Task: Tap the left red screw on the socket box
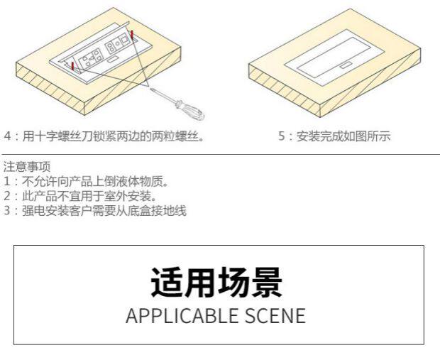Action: pos(72,65)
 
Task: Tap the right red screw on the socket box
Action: pos(132,33)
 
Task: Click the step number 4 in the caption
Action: pos(8,136)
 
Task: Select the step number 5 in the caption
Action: pos(282,136)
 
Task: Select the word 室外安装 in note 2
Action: pos(128,195)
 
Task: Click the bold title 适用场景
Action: pos(217,283)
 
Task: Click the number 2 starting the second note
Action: pos(6,195)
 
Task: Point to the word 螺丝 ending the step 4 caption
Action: pos(191,136)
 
